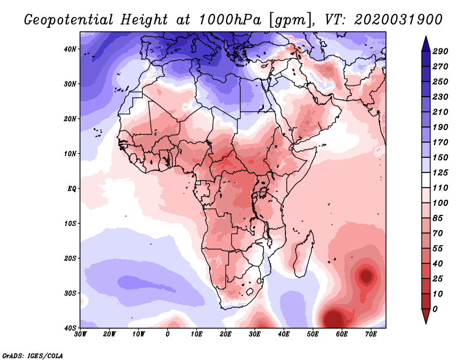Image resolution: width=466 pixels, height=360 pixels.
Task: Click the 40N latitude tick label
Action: click(x=70, y=49)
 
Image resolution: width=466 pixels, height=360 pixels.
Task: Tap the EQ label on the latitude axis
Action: click(x=72, y=189)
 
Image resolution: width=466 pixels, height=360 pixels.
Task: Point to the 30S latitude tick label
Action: click(x=70, y=293)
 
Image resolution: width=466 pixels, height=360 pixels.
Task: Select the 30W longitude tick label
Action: click(x=80, y=334)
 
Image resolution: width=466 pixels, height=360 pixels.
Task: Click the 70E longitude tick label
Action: click(x=370, y=334)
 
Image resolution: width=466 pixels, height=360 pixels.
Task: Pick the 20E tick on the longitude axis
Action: click(x=226, y=334)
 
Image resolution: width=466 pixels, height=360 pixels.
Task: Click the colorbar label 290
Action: click(x=440, y=51)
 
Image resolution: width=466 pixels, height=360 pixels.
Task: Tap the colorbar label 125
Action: click(x=440, y=173)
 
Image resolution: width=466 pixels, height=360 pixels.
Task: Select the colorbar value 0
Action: click(x=435, y=308)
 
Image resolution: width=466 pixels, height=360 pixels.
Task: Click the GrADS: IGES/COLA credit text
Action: click(x=32, y=355)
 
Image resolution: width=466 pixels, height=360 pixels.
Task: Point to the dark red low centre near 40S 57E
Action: click(x=333, y=319)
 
